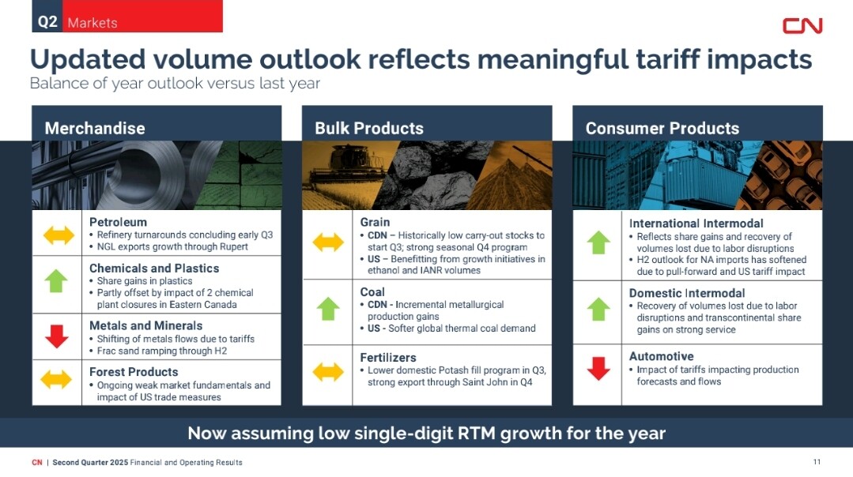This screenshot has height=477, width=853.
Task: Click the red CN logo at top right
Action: (802, 25)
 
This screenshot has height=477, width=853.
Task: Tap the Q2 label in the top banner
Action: (47, 22)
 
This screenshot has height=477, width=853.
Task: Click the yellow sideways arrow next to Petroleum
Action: (59, 235)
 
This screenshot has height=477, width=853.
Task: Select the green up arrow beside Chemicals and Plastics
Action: (56, 281)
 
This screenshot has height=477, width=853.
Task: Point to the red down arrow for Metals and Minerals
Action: (57, 336)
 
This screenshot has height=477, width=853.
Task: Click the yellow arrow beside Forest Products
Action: (56, 379)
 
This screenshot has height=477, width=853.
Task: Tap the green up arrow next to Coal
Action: (328, 309)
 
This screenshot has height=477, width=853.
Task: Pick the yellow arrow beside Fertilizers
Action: (328, 372)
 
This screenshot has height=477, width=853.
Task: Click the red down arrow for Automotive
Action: (598, 368)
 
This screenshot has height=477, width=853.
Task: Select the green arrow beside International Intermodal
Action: (598, 242)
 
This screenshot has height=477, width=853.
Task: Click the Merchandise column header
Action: (95, 128)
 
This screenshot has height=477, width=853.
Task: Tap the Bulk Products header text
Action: (369, 128)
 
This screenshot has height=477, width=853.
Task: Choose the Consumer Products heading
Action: (662, 128)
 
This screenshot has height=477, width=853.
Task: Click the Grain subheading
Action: (375, 222)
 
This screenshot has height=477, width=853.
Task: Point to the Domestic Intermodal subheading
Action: (687, 293)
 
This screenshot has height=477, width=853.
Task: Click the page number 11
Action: (817, 462)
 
